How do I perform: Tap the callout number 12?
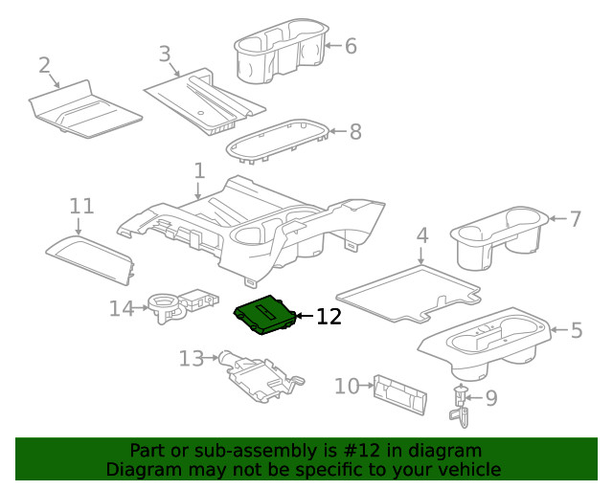(328, 317)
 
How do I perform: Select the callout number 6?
(350, 45)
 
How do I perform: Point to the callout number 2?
(44, 65)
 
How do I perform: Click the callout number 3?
(165, 54)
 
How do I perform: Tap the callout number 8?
(355, 132)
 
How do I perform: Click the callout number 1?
(198, 171)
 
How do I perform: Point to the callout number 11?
(81, 206)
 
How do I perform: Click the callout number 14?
(121, 307)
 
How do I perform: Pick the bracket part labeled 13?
(259, 376)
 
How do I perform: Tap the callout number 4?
(421, 235)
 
